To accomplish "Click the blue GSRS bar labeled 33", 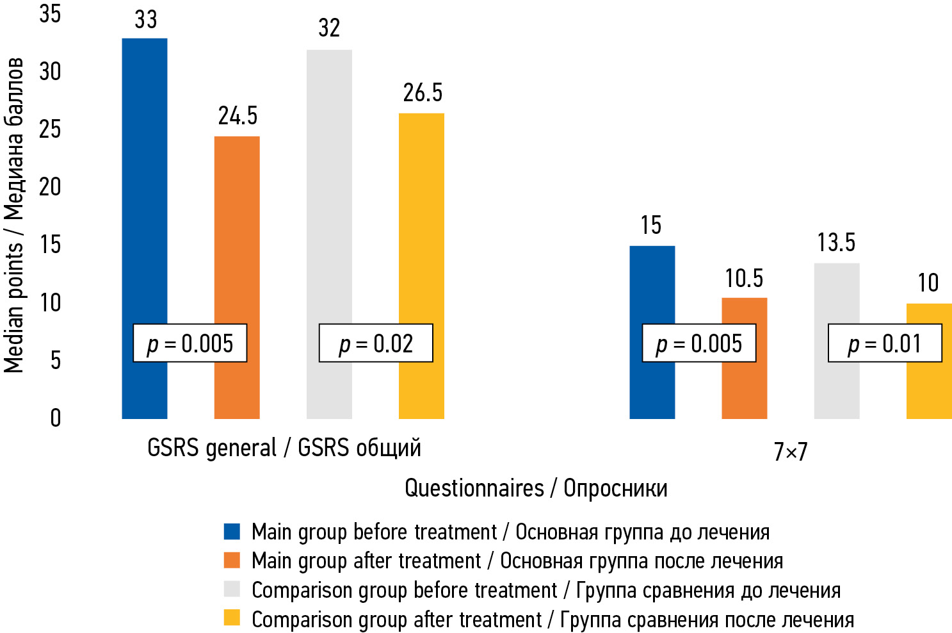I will (145, 192).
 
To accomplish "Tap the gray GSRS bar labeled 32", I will (329, 192).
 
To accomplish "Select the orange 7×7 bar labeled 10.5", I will (745, 391).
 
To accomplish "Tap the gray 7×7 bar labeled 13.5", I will (837, 295).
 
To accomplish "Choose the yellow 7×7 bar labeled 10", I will (929, 391).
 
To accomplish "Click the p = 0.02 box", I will (376, 343).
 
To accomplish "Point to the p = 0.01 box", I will (885, 343).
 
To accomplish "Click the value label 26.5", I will (423, 93).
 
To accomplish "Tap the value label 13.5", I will (836, 243).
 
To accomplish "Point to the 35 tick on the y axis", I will (50, 13).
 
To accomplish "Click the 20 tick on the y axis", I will (50, 187).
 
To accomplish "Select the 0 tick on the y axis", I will (56, 418).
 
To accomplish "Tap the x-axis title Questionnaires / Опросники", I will (536, 488).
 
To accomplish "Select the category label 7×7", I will (791, 452).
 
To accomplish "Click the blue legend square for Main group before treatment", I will (232, 531).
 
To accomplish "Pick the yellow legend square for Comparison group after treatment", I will (232, 618).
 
